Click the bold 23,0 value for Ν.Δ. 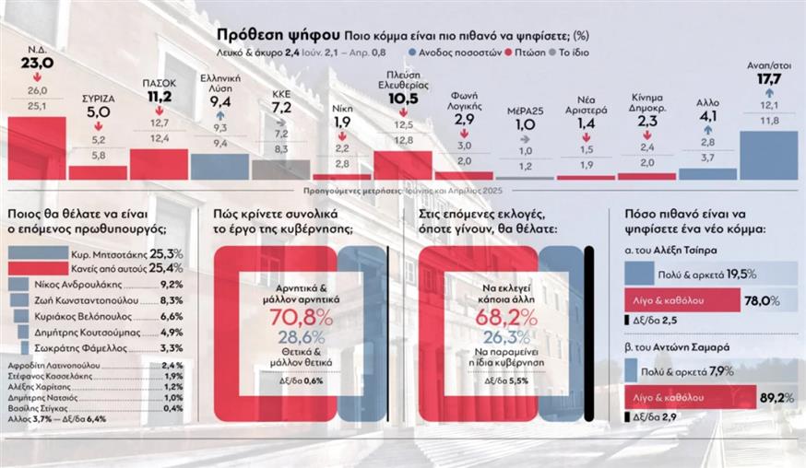pos(38,63)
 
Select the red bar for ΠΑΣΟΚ pos(159,164)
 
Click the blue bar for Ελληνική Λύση pos(219,166)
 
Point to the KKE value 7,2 pos(281,108)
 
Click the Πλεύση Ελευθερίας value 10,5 pos(403,98)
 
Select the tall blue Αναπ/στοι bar pos(768,155)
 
